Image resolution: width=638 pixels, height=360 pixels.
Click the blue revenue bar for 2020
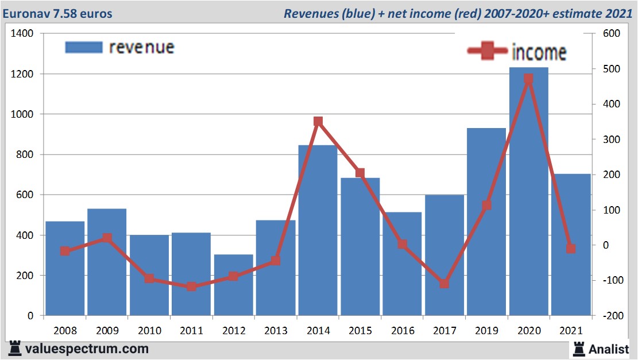click(x=528, y=195)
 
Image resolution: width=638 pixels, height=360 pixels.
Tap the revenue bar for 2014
click(x=318, y=230)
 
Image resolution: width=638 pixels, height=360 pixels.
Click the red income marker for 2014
click(x=318, y=121)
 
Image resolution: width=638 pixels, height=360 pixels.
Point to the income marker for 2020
click(x=528, y=79)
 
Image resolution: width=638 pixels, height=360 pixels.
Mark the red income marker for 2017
click(x=444, y=284)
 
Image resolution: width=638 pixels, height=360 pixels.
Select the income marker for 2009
click(x=107, y=238)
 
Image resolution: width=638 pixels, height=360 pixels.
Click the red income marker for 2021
click(x=571, y=249)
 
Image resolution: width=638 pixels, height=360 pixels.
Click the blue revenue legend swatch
click(x=84, y=48)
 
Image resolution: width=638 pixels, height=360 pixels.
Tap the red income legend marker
click(x=487, y=52)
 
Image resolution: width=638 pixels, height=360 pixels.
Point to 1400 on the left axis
click(x=22, y=34)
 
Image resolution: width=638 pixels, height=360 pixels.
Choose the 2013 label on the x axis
click(x=276, y=331)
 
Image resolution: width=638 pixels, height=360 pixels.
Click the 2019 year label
click(x=486, y=331)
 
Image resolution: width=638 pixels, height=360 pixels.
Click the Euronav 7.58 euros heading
click(x=57, y=13)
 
